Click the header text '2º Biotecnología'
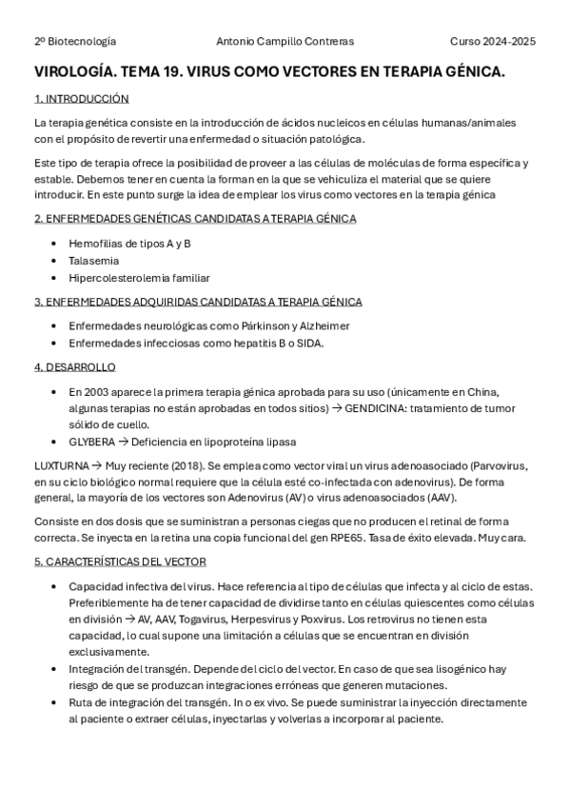[75, 42]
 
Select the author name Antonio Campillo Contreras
[285, 42]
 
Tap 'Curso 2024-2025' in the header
[492, 42]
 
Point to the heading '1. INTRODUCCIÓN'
[81, 99]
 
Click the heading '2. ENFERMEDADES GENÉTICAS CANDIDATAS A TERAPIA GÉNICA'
[195, 219]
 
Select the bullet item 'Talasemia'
[93, 261]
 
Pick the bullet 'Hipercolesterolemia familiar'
[139, 278]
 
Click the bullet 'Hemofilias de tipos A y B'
[129, 244]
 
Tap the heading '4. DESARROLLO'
[74, 367]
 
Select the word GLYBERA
[91, 442]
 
